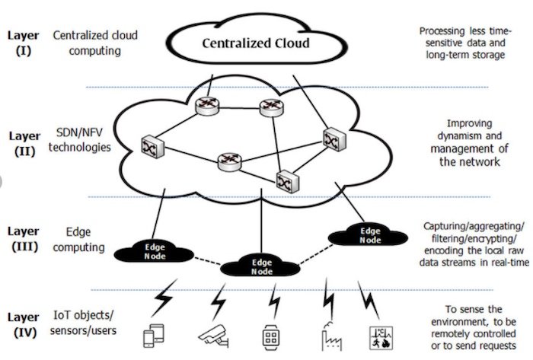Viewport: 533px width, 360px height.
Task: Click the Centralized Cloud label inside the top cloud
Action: [x=255, y=43]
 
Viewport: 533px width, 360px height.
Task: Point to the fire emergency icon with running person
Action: [x=379, y=336]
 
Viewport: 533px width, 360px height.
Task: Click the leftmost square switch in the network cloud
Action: [x=148, y=145]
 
